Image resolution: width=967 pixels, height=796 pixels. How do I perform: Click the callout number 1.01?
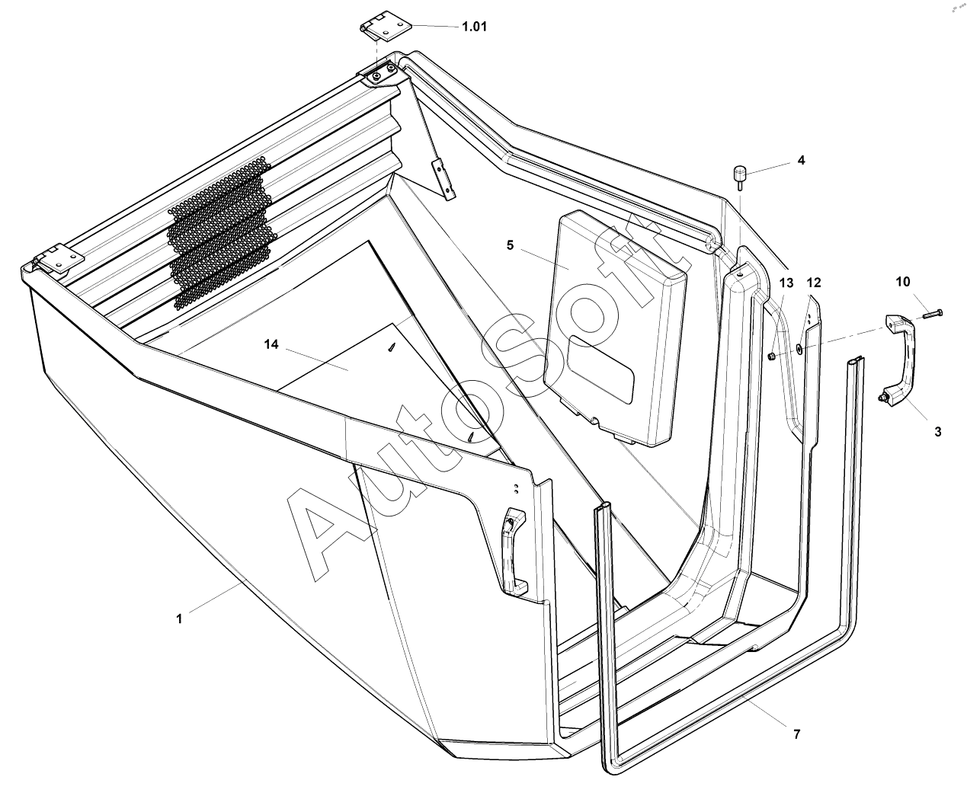[x=474, y=27]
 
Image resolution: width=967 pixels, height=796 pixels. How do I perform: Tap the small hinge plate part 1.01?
[x=385, y=28]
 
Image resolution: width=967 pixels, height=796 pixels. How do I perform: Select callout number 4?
[x=801, y=160]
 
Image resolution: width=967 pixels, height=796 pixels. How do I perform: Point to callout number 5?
[x=510, y=245]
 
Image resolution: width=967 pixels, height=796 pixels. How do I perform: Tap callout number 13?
[x=786, y=283]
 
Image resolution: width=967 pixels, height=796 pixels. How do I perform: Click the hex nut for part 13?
[x=771, y=356]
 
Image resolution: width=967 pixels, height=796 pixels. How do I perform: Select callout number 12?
[x=814, y=283]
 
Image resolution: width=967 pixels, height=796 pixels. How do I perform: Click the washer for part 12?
[x=799, y=349]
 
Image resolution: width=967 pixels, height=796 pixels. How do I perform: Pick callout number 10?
[x=903, y=282]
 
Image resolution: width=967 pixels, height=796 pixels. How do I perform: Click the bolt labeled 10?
[x=930, y=312]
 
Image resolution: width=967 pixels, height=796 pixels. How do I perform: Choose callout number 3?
[x=937, y=431]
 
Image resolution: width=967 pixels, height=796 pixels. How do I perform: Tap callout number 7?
[x=796, y=734]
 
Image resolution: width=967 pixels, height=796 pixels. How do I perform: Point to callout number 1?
[x=180, y=619]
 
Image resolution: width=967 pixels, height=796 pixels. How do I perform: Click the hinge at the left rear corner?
[x=56, y=258]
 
